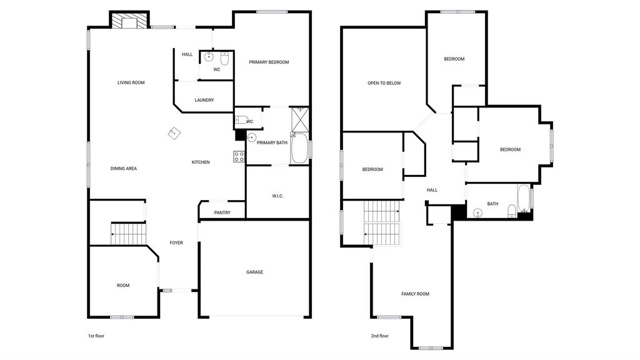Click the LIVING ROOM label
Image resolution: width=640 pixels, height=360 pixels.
(131, 82)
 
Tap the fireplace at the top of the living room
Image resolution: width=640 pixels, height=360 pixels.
(129, 21)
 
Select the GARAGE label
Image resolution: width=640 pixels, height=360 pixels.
(255, 272)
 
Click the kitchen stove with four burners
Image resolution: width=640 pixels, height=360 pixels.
(239, 156)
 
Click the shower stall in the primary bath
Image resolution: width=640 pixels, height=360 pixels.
(300, 119)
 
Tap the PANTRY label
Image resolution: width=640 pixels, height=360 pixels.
(222, 212)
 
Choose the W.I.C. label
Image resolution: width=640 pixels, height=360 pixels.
(277, 196)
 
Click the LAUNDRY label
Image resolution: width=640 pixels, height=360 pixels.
(204, 100)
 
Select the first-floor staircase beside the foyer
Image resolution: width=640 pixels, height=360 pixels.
(129, 234)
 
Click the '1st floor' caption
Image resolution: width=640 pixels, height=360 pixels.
(96, 336)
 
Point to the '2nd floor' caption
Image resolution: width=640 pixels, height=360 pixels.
(379, 336)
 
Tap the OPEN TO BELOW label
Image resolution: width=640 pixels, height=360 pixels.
(384, 83)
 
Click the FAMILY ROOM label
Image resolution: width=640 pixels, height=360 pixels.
(415, 294)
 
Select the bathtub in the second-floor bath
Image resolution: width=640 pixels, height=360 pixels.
(524, 198)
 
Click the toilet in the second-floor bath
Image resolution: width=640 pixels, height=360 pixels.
(512, 211)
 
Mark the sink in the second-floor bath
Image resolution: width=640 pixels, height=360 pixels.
(477, 212)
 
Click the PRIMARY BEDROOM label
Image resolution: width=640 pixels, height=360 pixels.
(269, 62)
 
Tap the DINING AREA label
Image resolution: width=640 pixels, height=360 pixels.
(124, 169)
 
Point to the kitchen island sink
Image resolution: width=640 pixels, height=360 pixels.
(174, 133)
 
